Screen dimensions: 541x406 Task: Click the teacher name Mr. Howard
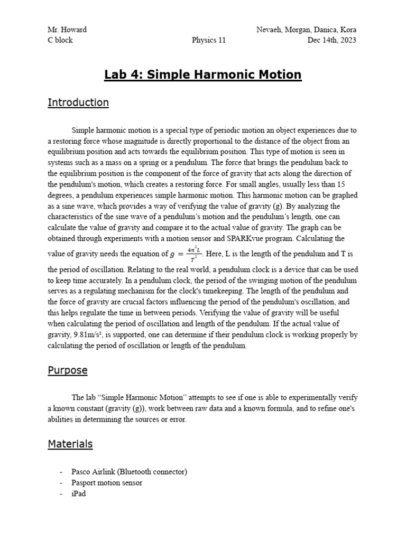pos(67,30)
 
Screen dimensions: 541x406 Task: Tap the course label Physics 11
pos(208,40)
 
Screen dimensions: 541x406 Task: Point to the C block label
pos(60,40)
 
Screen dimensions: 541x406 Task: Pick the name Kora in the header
pos(347,30)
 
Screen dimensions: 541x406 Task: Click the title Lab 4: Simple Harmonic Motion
pos(203,74)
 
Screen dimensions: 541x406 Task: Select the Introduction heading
pos(78,102)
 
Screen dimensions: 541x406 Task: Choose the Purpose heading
pos(68,370)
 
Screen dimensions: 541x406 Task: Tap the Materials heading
pos(70,444)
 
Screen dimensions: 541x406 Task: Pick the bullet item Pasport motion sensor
pos(107,482)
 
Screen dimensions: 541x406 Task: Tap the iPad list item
pos(78,493)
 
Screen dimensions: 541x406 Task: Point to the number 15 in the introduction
pos(340,184)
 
